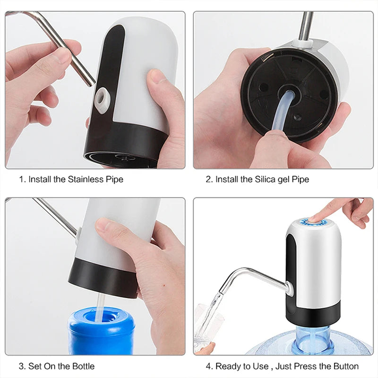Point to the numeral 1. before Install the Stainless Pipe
point(22,180)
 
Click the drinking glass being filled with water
point(207,326)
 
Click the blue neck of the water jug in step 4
point(312,338)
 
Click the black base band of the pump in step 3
point(102,279)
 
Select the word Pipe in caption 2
point(301,180)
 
